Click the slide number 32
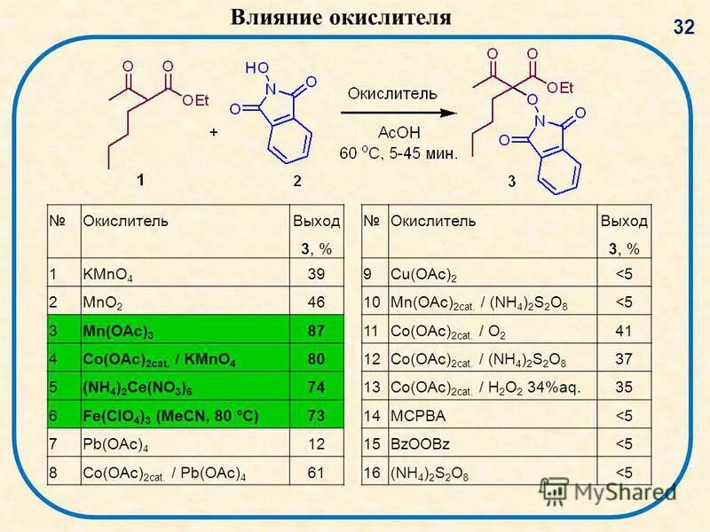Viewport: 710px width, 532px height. (683, 27)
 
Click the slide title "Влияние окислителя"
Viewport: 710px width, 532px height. (341, 17)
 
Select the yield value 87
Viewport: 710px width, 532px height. (315, 331)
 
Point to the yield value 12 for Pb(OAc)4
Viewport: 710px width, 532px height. (315, 443)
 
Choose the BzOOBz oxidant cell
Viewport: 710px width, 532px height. (416, 444)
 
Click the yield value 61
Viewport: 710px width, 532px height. (315, 472)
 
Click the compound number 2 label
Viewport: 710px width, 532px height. (297, 181)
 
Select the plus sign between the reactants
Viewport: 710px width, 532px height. (214, 131)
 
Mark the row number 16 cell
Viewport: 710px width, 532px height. (372, 472)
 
